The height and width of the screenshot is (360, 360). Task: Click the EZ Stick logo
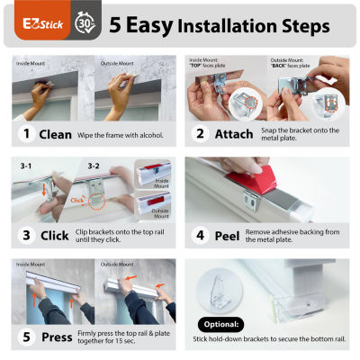click(38, 22)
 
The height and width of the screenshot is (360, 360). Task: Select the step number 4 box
click(200, 237)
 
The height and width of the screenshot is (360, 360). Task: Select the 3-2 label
click(94, 166)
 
